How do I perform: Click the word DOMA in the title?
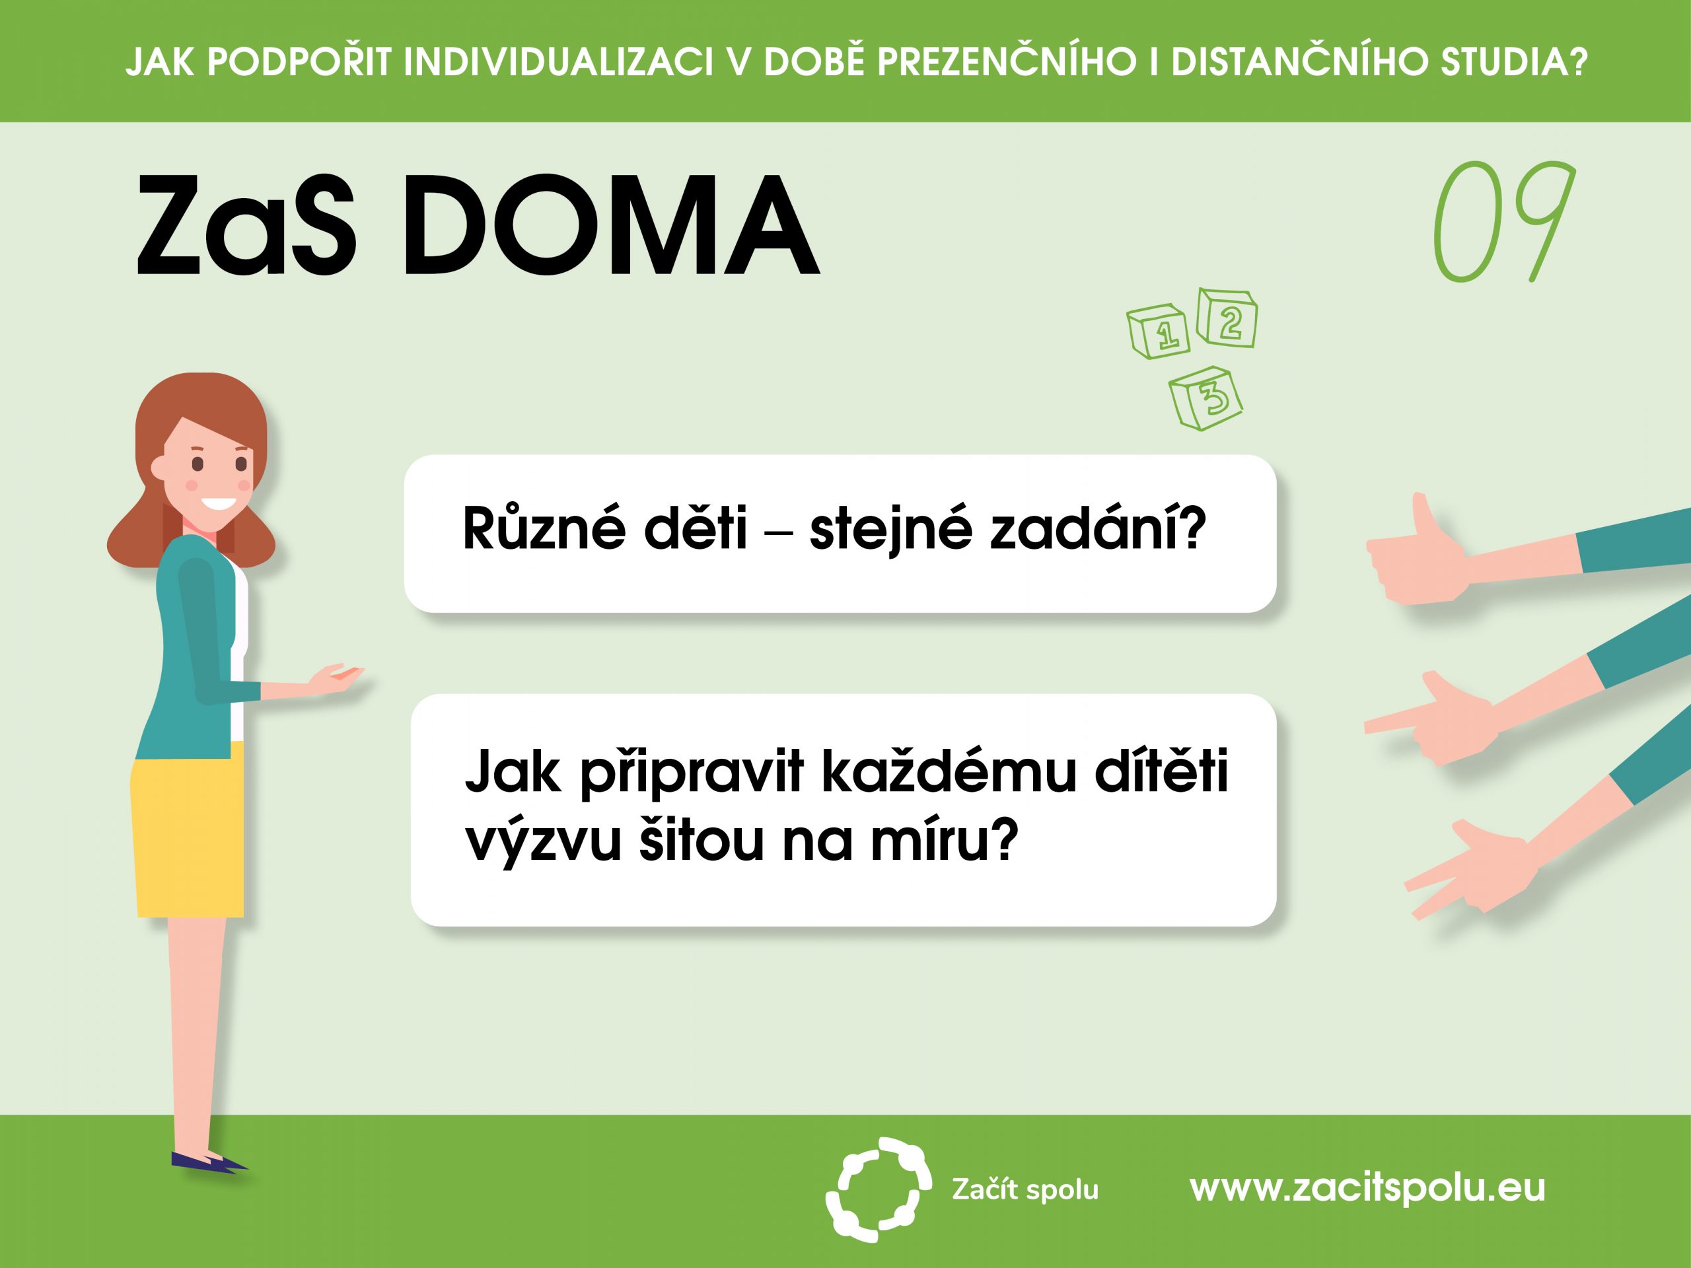click(611, 225)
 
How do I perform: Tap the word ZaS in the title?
click(246, 225)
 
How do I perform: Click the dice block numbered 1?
click(1158, 332)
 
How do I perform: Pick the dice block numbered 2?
click(1226, 318)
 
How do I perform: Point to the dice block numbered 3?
click(1205, 398)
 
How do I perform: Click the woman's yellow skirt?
click(188, 829)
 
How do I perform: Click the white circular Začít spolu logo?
click(879, 1189)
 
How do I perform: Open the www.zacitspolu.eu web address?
click(1367, 1187)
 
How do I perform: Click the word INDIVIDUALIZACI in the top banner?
click(559, 62)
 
